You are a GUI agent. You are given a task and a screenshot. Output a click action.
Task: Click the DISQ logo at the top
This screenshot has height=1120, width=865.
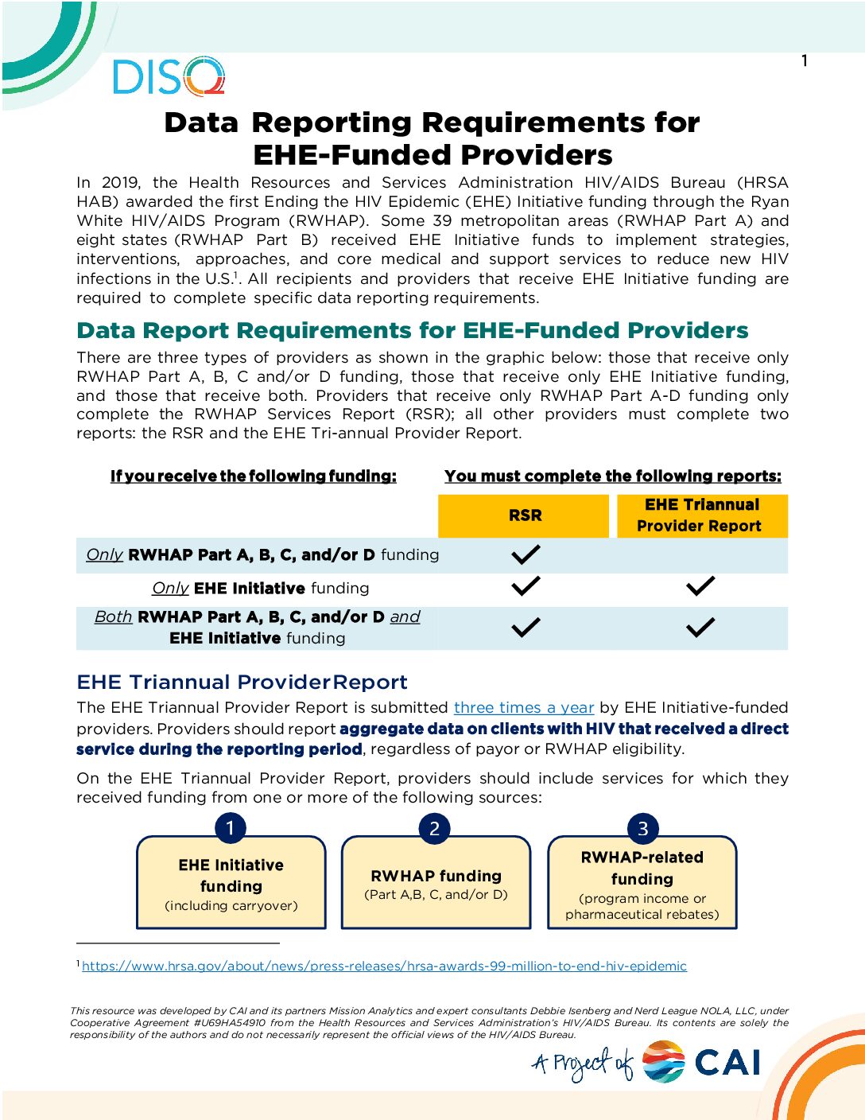pos(169,77)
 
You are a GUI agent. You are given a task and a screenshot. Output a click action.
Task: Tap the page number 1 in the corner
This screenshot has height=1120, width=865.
pos(805,61)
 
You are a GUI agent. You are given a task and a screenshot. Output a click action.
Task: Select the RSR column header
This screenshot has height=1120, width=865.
pos(525,515)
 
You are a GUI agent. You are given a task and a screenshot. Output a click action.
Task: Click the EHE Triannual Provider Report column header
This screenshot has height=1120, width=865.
pos(701,515)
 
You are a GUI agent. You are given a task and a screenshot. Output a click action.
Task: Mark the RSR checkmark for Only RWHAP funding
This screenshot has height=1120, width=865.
pos(526,554)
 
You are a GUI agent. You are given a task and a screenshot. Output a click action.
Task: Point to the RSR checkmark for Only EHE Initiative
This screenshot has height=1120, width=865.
pos(526,587)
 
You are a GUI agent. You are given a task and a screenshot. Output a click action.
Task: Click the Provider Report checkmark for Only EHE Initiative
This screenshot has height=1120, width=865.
pos(700,587)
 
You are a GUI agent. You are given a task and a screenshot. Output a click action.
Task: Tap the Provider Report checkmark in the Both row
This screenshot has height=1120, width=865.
pos(700,628)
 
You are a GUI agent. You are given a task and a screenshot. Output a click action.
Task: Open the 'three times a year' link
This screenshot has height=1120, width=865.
pos(524,708)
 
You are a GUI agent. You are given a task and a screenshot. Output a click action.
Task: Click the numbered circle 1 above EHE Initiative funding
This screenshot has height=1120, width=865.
pos(231,828)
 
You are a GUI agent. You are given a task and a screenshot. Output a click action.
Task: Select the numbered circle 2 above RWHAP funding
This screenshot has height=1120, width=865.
pos(434,828)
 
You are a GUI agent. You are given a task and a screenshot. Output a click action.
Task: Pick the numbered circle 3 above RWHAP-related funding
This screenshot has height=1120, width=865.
pos(642,828)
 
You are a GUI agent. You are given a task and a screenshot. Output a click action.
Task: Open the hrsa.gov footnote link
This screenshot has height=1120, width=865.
pos(384,966)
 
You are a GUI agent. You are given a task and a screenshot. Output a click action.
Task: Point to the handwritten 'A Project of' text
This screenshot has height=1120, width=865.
pos(584,1064)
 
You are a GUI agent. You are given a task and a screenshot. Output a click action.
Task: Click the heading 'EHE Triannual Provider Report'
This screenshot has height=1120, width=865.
pos(242,682)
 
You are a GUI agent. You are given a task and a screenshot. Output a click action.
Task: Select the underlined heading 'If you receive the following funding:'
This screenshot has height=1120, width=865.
pos(253,476)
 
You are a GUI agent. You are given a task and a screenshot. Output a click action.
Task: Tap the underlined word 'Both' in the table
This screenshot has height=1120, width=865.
pos(113,617)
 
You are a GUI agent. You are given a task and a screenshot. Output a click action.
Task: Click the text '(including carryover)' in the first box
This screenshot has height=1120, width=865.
pos(231,906)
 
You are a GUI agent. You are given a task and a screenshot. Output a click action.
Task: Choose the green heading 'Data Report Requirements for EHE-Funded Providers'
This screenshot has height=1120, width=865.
pos(413,331)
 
